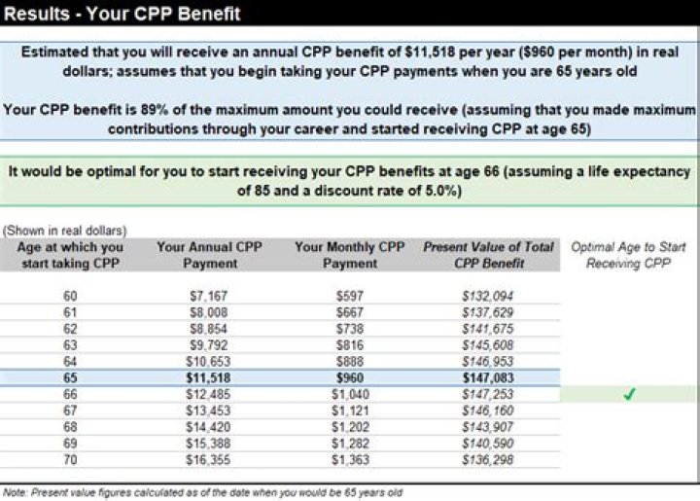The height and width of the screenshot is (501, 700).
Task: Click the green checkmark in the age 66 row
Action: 628,394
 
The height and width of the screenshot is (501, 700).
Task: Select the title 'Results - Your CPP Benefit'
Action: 122,14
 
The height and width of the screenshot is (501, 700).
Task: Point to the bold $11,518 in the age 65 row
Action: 209,377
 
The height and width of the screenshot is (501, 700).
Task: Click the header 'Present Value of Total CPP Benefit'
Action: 488,255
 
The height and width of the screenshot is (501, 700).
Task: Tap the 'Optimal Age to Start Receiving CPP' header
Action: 628,255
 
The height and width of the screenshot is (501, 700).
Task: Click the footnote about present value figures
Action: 202,492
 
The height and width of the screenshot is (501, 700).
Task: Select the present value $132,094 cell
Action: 488,296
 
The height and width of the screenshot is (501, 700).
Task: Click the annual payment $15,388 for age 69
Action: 209,444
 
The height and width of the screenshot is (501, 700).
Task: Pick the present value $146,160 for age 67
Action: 488,411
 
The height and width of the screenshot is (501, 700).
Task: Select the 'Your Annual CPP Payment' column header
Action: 209,255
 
